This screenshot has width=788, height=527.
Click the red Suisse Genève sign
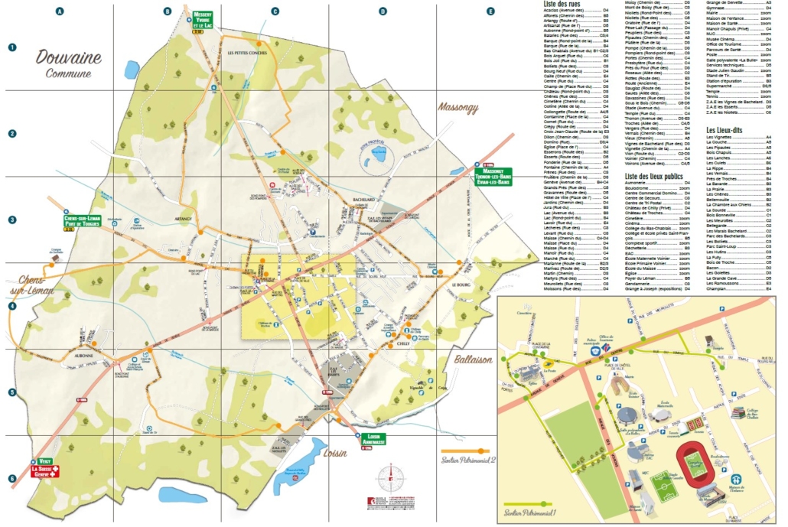pyautogui.click(x=45, y=473)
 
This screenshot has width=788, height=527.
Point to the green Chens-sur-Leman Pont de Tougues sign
pyautogui.click(x=82, y=222)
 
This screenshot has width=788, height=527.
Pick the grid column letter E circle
pyautogui.click(x=490, y=11)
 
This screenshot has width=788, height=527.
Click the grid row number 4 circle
pyautogui.click(x=11, y=306)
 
